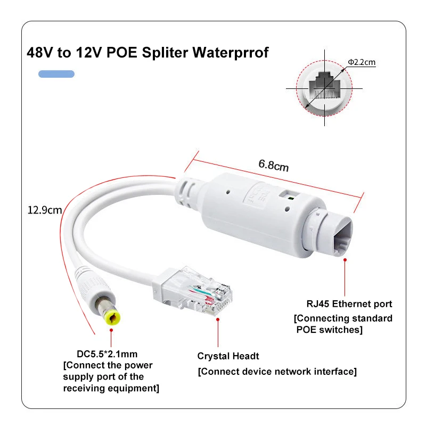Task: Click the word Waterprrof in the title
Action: coord(231,52)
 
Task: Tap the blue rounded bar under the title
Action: coord(56,74)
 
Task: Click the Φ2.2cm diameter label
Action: coord(362,62)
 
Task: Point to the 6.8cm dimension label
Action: coord(273,165)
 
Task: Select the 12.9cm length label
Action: coord(45,210)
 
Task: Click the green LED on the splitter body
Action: coord(291,198)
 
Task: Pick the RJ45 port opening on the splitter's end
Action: coord(342,237)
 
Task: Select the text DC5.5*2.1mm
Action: coord(107,354)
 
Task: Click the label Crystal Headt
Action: coord(228,356)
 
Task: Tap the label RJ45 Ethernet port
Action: coord(349,304)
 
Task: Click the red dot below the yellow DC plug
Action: coord(111,330)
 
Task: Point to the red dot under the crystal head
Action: coord(218,320)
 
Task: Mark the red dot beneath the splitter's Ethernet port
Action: coord(345,260)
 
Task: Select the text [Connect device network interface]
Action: coord(277,371)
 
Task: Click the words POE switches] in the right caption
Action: coord(329,330)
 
